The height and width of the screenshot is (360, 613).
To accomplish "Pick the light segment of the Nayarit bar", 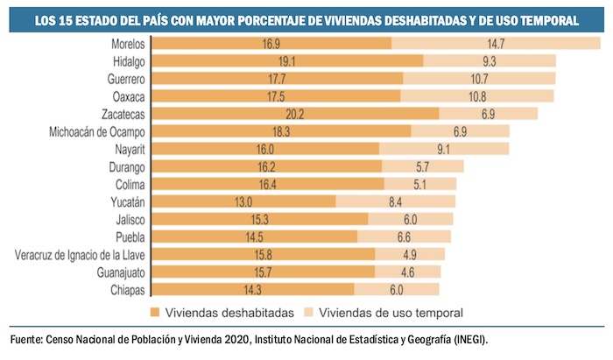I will click(443, 149).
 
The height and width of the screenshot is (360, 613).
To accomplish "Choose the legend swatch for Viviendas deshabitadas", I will click(154, 312).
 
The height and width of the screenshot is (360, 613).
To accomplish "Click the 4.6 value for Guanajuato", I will click(408, 272).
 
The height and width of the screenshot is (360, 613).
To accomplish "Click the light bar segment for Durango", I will click(422, 166).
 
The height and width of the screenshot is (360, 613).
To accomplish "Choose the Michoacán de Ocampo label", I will click(97, 131).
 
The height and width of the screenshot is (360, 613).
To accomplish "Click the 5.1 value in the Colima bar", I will click(419, 184).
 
